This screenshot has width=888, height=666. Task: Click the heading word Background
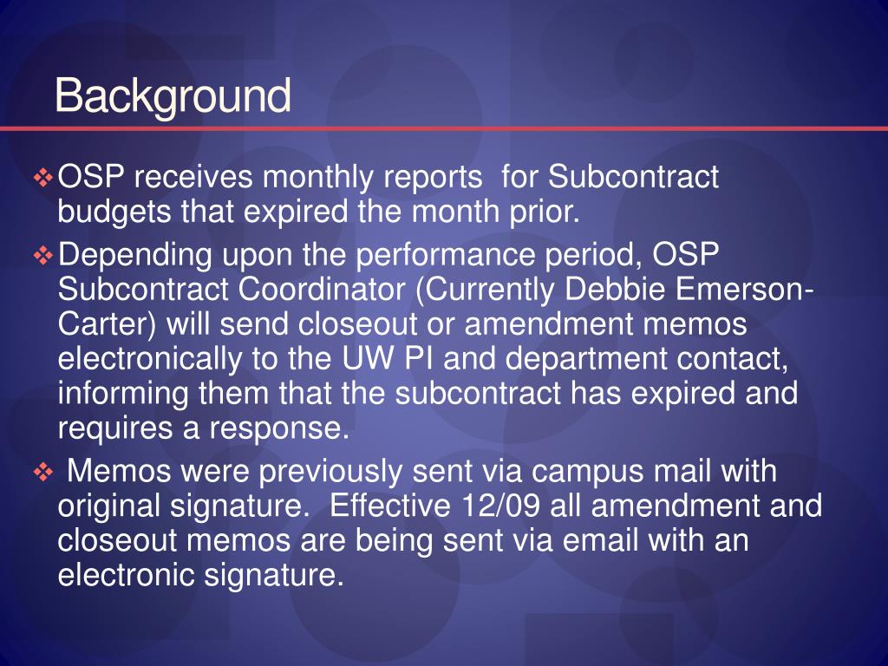(173, 96)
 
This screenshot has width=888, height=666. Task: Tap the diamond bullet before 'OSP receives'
(43, 179)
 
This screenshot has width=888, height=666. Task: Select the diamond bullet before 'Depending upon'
(43, 257)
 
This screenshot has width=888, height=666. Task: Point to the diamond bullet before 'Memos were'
(43, 473)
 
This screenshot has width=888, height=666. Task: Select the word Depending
(135, 257)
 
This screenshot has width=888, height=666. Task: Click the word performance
(445, 257)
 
